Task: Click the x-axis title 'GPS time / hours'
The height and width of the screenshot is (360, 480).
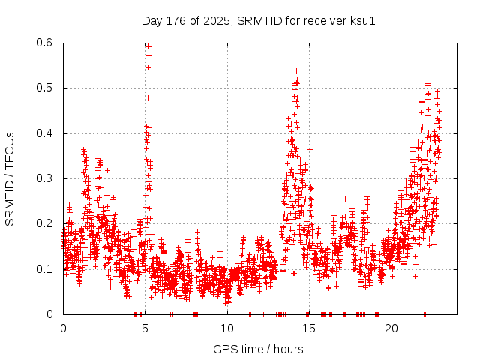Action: click(258, 349)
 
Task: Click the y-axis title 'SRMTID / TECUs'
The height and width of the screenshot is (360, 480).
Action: click(10, 178)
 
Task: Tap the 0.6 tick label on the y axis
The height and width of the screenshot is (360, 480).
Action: click(46, 43)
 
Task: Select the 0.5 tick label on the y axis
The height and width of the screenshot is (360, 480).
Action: click(46, 88)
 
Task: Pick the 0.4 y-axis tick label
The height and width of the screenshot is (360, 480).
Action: click(46, 133)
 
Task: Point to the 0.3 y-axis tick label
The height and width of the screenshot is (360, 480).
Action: click(46, 178)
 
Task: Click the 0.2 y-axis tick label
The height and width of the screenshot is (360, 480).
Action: click(46, 223)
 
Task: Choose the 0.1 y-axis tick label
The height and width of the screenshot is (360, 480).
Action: click(46, 268)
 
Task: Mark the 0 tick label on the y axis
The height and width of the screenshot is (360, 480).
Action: click(51, 314)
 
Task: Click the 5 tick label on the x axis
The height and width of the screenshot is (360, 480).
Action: click(145, 328)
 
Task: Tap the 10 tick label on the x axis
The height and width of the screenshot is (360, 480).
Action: click(227, 328)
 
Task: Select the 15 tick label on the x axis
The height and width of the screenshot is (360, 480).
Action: click(310, 328)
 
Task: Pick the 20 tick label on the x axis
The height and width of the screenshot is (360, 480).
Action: click(391, 328)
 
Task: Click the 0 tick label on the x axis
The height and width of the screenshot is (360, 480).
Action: click(63, 328)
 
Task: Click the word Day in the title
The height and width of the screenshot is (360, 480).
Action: click(151, 20)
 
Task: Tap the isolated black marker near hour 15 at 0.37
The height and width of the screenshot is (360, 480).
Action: click(310, 149)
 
